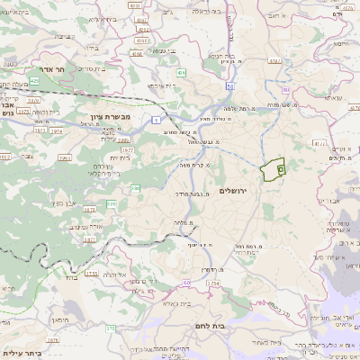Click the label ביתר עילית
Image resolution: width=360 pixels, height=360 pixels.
22,354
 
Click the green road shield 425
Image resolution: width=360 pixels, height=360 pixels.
33,80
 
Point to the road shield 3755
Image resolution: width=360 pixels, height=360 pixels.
91,273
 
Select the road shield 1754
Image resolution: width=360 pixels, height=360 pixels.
212,284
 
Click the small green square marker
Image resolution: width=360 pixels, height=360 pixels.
281,168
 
